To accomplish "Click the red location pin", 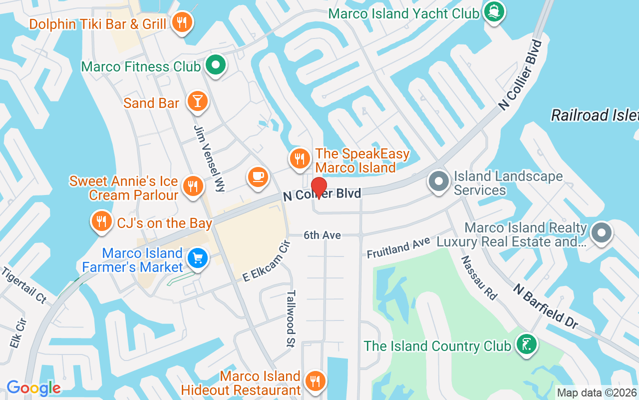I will [319, 188].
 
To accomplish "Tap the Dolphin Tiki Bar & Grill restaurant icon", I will [182, 22].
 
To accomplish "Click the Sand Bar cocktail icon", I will [197, 101].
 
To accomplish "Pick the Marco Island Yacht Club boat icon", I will [494, 12].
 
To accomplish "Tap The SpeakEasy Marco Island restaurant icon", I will [300, 158].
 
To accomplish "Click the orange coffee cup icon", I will [258, 177].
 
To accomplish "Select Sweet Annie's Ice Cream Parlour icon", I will [192, 186].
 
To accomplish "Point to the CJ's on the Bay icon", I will [101, 221].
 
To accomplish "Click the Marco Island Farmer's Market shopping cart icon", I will [198, 258].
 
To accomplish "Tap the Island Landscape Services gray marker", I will [439, 181].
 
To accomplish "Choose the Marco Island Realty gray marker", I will [601, 232].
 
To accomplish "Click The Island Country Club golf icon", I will [526, 344].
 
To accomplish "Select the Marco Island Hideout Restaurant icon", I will [315, 381].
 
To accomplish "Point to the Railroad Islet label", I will [594, 115].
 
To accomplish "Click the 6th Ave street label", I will [322, 235].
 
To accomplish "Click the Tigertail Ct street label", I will [23, 285].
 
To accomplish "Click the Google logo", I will [33, 388].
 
